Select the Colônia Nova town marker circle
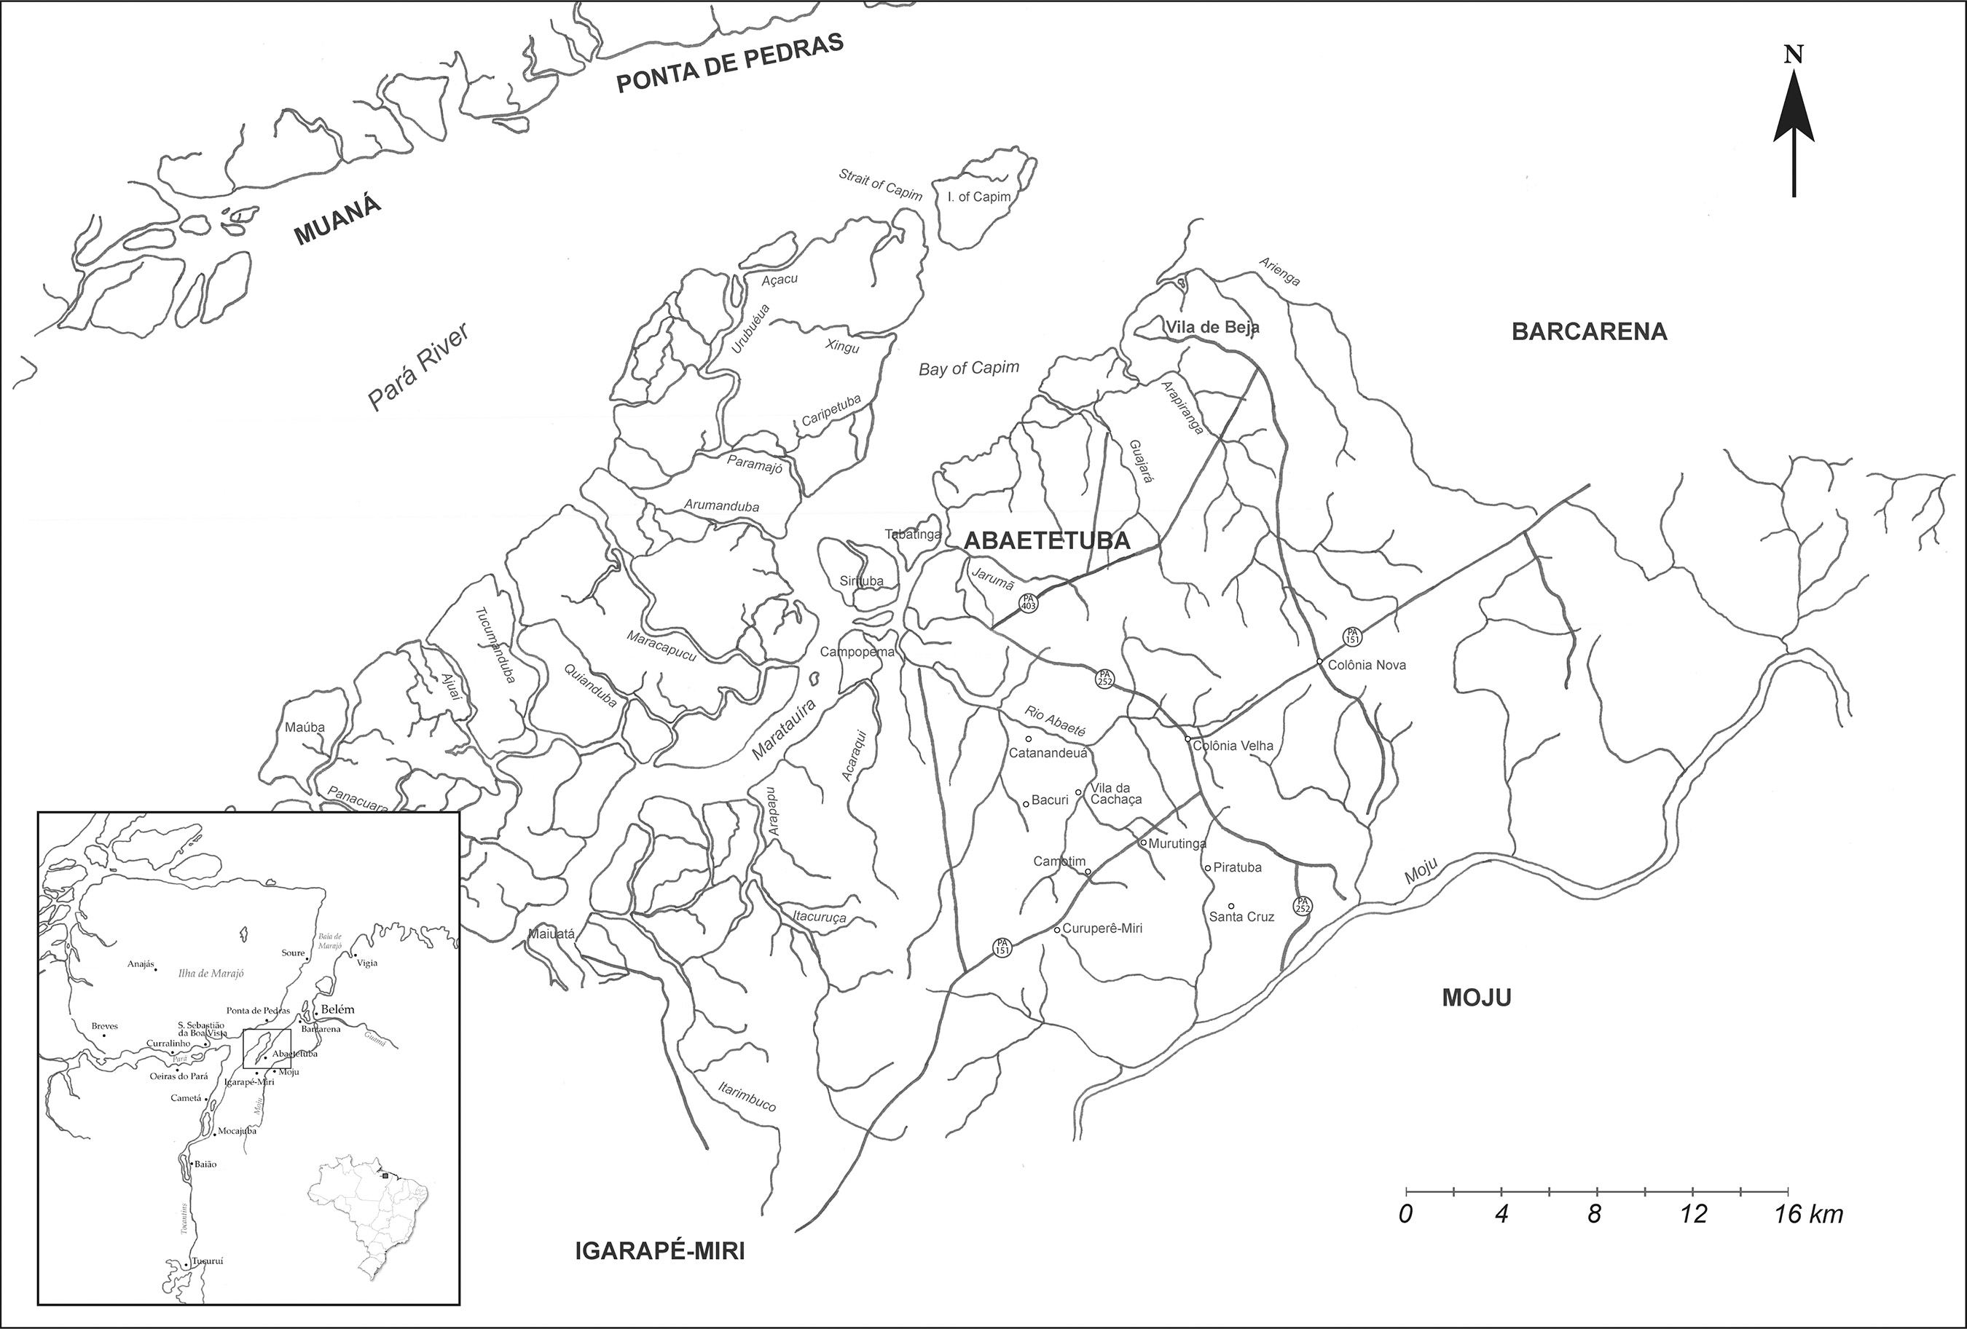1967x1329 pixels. tap(1319, 661)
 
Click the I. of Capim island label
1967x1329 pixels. tap(979, 197)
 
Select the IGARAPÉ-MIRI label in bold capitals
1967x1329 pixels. tap(659, 1251)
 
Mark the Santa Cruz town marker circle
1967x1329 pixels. tap(1231, 906)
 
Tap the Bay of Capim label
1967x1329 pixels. tap(969, 368)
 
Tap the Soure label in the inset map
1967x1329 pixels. tap(293, 953)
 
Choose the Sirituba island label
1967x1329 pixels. tap(862, 581)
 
